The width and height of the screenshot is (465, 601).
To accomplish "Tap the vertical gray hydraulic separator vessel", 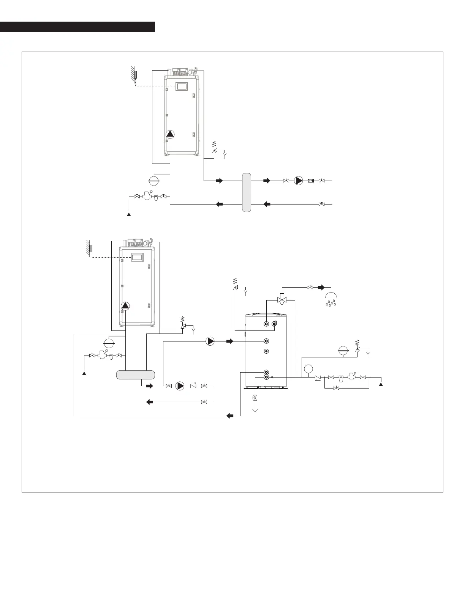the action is (247, 192).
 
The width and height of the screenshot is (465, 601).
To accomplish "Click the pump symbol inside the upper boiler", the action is (170, 134).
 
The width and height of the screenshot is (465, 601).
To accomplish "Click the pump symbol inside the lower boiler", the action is (125, 306).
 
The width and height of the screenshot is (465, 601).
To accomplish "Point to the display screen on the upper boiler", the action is (182, 86).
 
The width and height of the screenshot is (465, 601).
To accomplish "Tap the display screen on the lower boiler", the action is (137, 257).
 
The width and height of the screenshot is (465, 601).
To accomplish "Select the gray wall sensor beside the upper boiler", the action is (135, 75).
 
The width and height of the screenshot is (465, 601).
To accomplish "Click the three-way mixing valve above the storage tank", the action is (282, 299).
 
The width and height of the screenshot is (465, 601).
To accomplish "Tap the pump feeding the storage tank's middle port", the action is (210, 341).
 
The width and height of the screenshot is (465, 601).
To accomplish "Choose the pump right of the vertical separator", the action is (299, 181).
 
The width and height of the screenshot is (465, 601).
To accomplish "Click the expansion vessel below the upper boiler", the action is (153, 179).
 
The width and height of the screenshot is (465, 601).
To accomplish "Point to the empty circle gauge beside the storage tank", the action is (308, 368).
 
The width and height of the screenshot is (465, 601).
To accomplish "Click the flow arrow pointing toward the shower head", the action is (321, 287).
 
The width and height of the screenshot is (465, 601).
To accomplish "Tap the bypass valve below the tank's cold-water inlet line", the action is (336, 388).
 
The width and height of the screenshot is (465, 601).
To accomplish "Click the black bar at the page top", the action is (77, 27).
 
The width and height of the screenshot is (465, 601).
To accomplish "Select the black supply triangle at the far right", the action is (381, 384).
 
